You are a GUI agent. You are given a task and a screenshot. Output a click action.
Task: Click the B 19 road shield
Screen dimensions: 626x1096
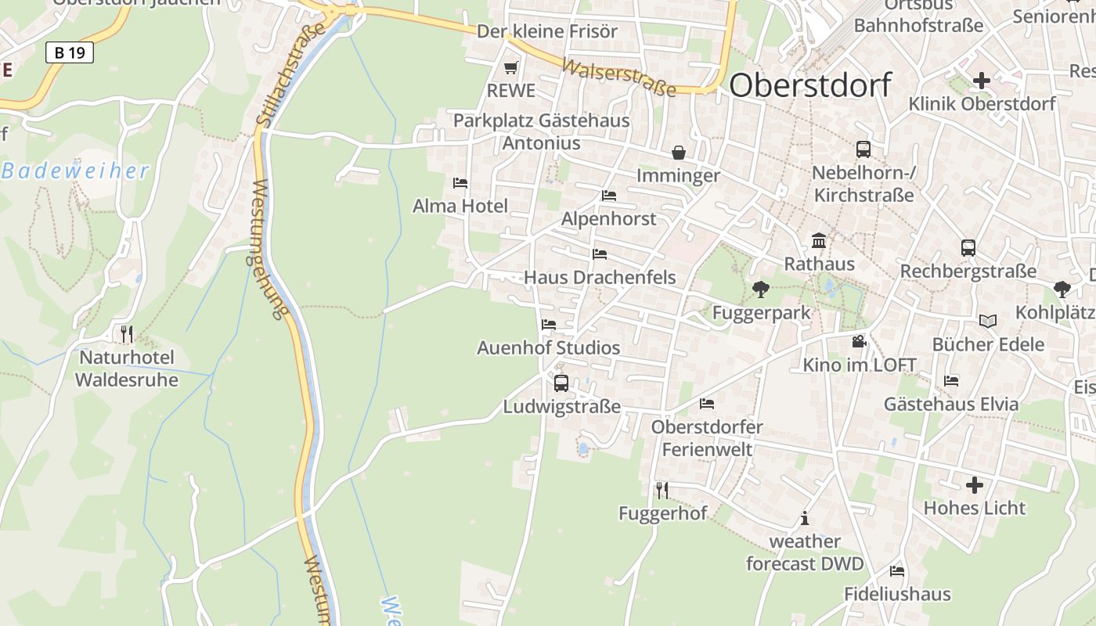tap(70, 53)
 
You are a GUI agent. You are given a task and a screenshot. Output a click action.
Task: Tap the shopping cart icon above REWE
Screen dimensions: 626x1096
tap(511, 68)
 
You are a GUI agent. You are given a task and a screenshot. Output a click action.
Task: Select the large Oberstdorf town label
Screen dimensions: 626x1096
tap(810, 85)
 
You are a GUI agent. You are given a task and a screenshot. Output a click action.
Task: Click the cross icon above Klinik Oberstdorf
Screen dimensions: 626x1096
tap(981, 80)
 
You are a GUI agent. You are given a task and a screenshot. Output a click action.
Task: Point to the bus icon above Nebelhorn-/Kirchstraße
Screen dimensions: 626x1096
tap(863, 149)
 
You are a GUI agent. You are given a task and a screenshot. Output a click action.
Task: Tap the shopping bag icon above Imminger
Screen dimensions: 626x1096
tap(678, 152)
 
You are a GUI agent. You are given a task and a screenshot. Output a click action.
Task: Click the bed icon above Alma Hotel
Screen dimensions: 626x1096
tap(460, 183)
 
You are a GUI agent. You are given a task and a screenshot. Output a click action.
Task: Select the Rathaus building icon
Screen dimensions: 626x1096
tap(819, 240)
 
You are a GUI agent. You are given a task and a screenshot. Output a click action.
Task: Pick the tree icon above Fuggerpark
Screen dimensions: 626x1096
tap(760, 290)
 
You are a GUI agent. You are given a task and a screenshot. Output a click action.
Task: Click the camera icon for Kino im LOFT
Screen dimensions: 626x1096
tap(859, 341)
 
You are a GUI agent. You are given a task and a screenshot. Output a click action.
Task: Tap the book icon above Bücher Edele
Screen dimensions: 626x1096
tap(988, 321)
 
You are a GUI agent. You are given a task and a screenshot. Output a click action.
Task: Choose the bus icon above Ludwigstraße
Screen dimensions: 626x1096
tap(561, 383)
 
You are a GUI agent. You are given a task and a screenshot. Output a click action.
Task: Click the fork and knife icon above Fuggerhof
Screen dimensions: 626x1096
tap(662, 491)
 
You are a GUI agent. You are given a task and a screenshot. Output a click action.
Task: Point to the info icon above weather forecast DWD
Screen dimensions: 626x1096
tap(804, 518)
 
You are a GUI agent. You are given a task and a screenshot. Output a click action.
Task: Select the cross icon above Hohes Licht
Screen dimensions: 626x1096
tap(974, 485)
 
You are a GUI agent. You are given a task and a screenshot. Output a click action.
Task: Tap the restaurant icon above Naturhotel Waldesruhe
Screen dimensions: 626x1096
tap(126, 334)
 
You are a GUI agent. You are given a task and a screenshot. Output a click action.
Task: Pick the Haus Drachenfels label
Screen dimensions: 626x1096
tap(600, 277)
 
